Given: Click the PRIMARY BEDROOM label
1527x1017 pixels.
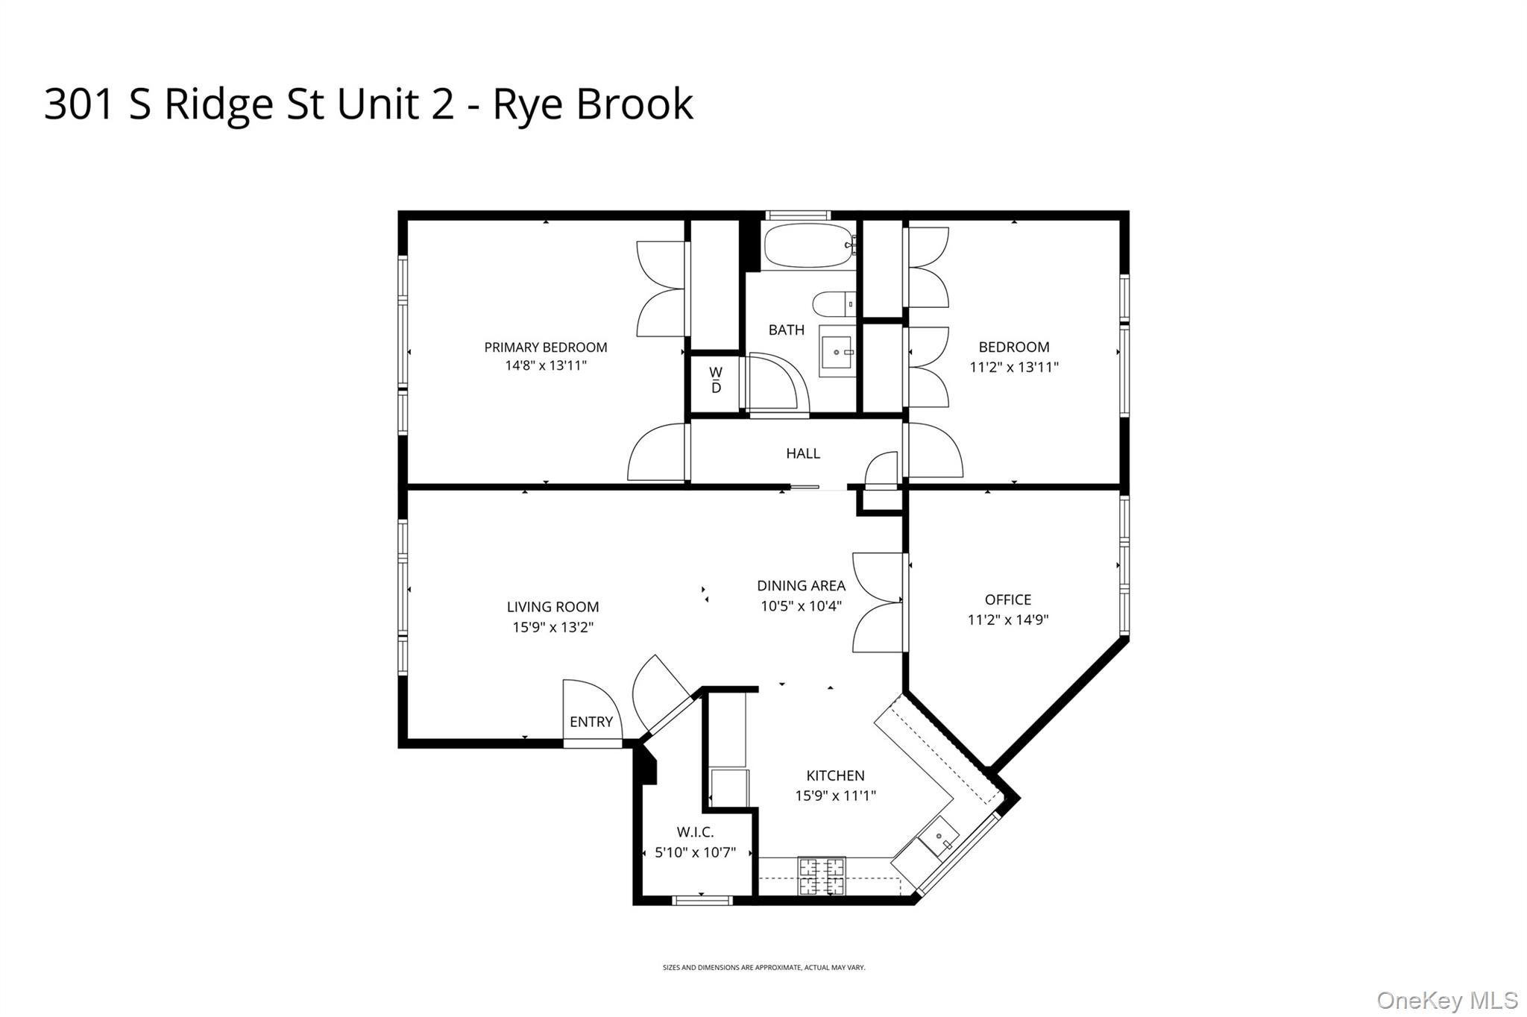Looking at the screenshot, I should [545, 347].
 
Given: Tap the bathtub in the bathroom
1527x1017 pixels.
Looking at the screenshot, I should [808, 245].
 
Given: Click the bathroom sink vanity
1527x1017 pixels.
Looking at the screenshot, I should [837, 351].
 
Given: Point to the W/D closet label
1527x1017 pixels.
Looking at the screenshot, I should [716, 380].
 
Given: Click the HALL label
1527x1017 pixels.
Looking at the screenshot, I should [803, 453].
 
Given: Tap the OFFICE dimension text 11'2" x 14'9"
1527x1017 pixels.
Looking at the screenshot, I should [1008, 620].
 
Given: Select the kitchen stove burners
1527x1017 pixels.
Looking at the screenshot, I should [822, 876].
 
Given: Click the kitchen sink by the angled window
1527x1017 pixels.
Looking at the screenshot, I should [938, 838].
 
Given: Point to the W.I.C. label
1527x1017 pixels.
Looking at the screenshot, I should [695, 832].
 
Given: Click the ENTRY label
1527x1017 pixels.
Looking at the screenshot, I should [591, 722].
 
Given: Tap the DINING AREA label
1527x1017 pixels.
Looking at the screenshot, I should [801, 586].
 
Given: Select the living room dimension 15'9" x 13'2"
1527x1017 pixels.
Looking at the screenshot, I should [552, 628].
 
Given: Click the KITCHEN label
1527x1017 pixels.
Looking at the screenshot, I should [835, 775].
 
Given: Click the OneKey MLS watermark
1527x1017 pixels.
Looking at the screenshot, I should [1446, 1000].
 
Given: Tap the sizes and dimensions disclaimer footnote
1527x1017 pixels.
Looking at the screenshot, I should [763, 968].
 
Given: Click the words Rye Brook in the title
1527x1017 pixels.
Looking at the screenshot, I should [593, 104].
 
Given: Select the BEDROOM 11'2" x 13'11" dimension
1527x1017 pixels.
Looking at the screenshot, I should [1014, 367].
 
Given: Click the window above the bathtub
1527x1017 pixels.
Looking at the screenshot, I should [798, 215].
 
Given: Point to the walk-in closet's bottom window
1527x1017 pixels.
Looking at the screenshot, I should [702, 901].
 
